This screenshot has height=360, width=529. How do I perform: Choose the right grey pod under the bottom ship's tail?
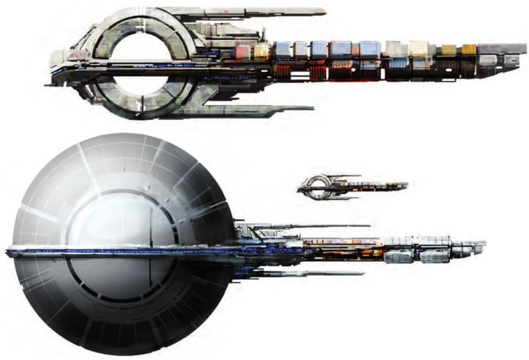coord(444,260)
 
